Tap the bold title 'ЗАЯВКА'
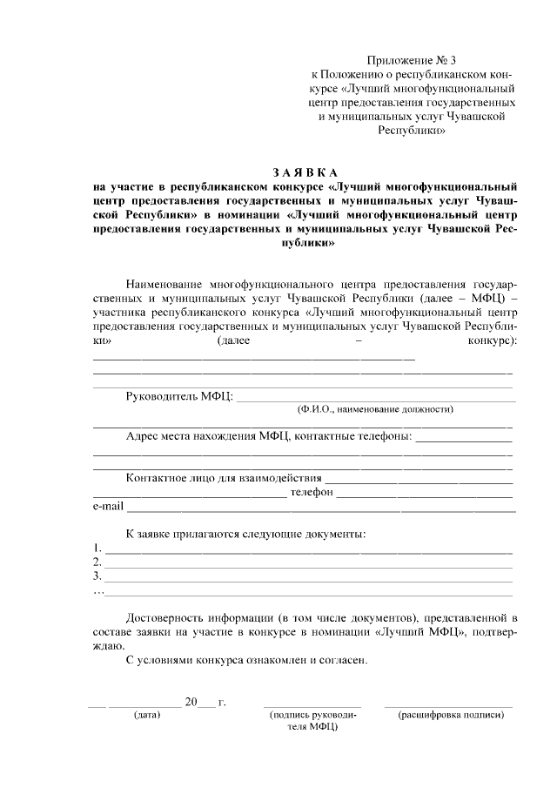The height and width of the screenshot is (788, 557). click(x=305, y=171)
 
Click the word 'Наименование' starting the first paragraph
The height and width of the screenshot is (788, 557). click(x=164, y=284)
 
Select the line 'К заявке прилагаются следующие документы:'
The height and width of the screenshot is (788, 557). click(x=245, y=534)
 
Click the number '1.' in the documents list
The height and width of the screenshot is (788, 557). click(x=97, y=549)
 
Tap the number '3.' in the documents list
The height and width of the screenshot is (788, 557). click(x=97, y=576)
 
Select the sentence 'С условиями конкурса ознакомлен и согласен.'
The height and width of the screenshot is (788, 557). click(x=247, y=659)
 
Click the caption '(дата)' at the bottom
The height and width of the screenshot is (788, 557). click(x=146, y=715)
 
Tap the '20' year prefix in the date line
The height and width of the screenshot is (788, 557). click(x=191, y=702)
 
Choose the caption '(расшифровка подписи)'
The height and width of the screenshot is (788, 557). click(x=450, y=715)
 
